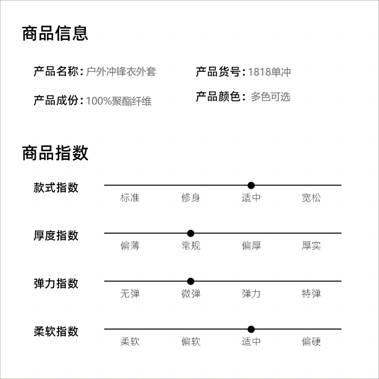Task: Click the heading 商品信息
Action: pyautogui.click(x=55, y=34)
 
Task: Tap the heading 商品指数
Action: pyautogui.click(x=55, y=153)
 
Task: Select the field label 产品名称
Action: pyautogui.click(x=56, y=72)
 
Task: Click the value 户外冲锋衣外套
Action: pyautogui.click(x=121, y=72)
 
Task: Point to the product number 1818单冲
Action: pyautogui.click(x=269, y=72)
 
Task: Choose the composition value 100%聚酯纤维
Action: pyautogui.click(x=119, y=101)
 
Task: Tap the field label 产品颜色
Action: pyautogui.click(x=218, y=96)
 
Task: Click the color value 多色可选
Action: pyautogui.click(x=271, y=97)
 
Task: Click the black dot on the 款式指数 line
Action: pyautogui.click(x=251, y=185)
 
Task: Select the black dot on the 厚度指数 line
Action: pyautogui.click(x=191, y=233)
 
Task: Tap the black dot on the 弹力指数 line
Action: pyautogui.click(x=191, y=282)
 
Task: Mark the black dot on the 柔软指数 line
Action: pyautogui.click(x=251, y=329)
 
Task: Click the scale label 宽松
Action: pyautogui.click(x=311, y=198)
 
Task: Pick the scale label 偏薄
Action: pyautogui.click(x=130, y=245)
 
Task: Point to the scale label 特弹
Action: pyautogui.click(x=311, y=294)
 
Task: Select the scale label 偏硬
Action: pyautogui.click(x=311, y=342)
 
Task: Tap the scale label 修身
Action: pyautogui.click(x=191, y=198)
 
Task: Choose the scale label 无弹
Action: pyautogui.click(x=130, y=294)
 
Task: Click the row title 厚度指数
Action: pyautogui.click(x=56, y=236)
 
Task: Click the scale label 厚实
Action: pyautogui.click(x=311, y=245)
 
